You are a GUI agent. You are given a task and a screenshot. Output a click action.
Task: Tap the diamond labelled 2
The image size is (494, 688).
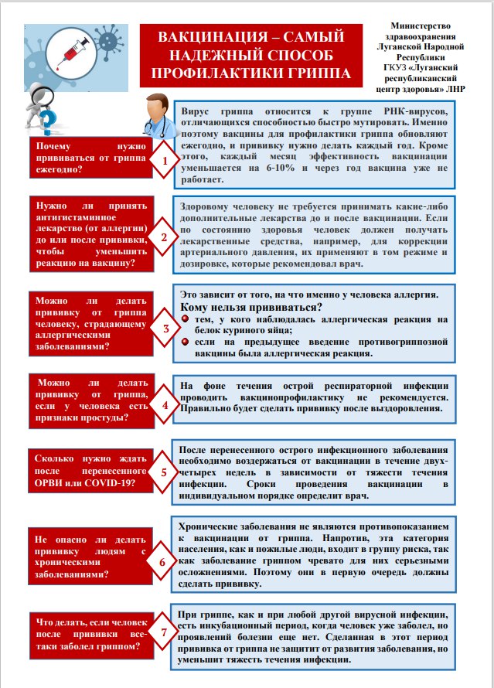[x=164, y=237]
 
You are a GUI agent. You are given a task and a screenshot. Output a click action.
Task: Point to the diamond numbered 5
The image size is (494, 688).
[x=164, y=471]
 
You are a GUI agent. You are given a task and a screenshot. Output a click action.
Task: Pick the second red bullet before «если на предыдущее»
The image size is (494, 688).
[x=186, y=342]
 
